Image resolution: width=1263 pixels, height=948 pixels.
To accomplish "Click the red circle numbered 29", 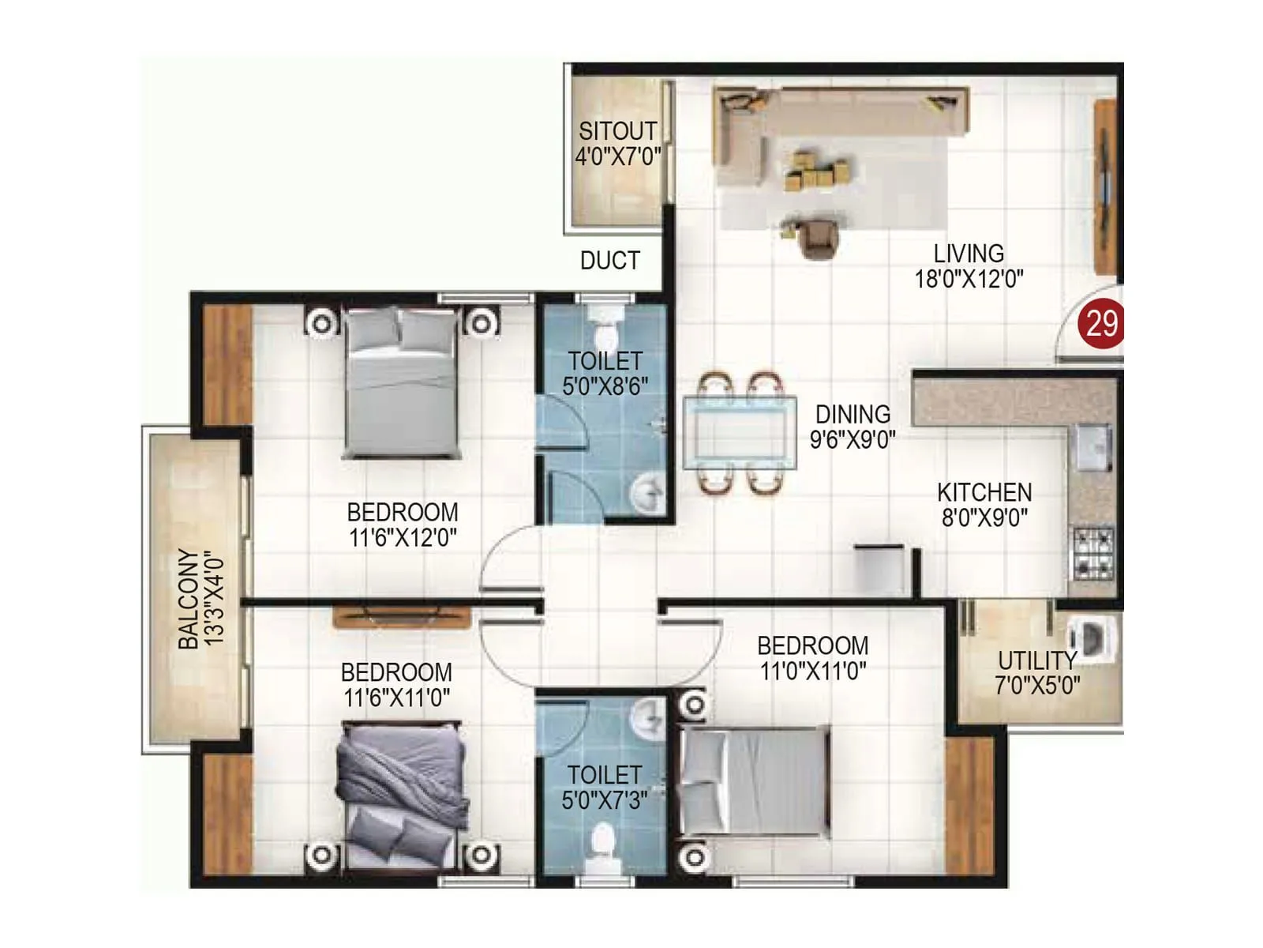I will (x=1101, y=323).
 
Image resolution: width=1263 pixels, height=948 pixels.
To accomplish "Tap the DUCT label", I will (x=609, y=261).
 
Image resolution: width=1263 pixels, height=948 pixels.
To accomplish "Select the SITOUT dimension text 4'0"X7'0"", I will (x=617, y=156).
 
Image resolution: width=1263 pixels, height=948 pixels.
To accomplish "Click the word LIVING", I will (x=969, y=254).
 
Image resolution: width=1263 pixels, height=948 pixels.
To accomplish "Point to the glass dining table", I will (x=740, y=433).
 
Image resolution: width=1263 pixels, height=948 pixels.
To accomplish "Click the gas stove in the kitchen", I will (x=1092, y=553).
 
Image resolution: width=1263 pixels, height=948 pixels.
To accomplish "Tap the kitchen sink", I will (x=1094, y=446).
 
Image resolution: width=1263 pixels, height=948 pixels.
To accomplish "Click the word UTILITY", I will (x=1037, y=660).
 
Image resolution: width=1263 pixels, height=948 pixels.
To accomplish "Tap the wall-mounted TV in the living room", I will (x=1104, y=186).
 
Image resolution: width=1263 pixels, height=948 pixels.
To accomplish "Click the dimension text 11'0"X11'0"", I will (x=812, y=671).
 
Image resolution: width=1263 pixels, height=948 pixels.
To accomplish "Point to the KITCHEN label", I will (x=984, y=492).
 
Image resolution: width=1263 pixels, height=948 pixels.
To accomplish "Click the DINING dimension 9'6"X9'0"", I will (x=853, y=439).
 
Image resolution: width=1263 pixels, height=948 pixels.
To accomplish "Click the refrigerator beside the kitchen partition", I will (x=879, y=568).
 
